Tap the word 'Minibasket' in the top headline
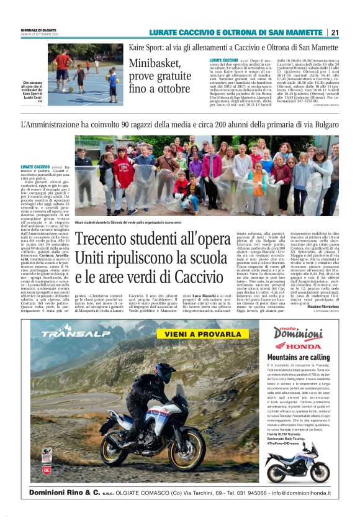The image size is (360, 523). point(157,65)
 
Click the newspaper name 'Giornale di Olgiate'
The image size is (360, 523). point(38,29)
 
